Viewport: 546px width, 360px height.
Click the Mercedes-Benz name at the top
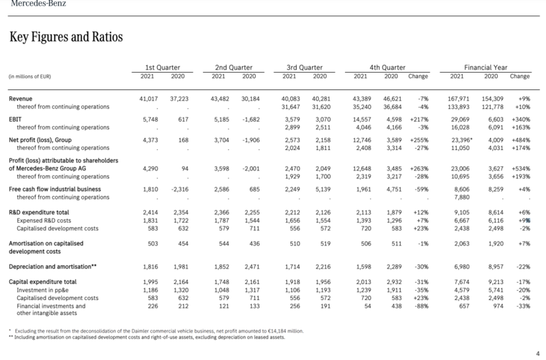38,3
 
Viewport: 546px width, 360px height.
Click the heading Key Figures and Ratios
66,36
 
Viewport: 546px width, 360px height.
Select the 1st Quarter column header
162,67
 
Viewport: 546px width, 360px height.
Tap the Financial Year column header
485,67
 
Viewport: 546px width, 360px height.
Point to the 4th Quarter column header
387,67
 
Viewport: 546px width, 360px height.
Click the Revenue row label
21,99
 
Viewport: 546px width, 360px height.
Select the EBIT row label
15,119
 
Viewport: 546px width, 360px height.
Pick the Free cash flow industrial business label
54,189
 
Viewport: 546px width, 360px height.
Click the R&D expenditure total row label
38,212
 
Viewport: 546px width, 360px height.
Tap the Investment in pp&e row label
42,290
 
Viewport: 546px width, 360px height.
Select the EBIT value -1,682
251,119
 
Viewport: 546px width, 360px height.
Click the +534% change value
521,168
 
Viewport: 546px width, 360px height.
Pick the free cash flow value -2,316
180,189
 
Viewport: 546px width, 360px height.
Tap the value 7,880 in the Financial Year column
462,197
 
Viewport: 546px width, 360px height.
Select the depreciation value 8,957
496,266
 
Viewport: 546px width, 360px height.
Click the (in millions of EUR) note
30,76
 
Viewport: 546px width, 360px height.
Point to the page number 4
538,353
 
